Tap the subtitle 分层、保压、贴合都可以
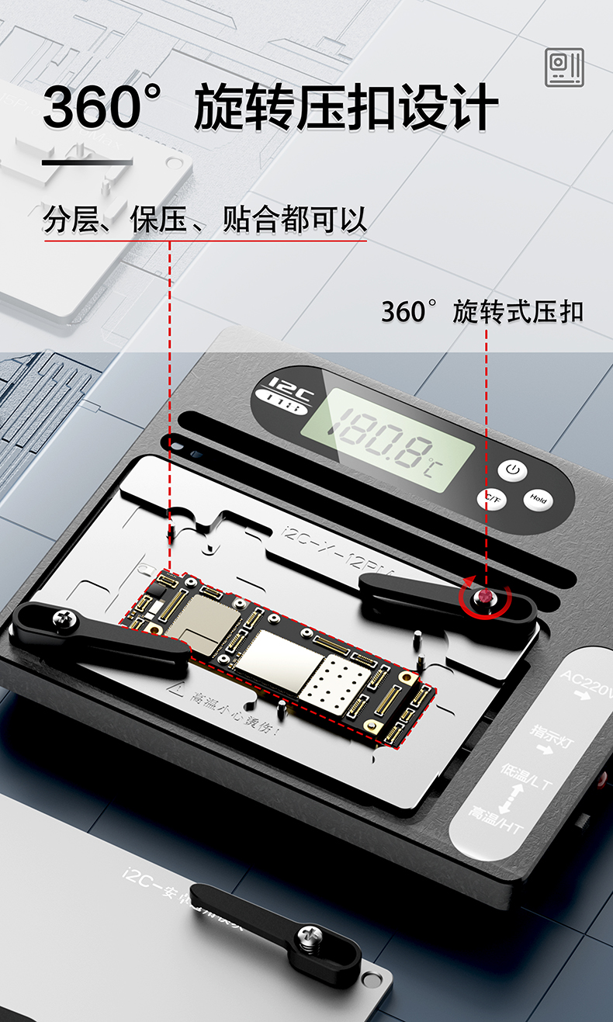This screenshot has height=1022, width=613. pos(205,221)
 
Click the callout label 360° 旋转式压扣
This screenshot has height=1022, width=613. pos(482,312)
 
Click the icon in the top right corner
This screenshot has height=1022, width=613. pos(564,68)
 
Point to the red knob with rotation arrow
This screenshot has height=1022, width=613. pos(487,597)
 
